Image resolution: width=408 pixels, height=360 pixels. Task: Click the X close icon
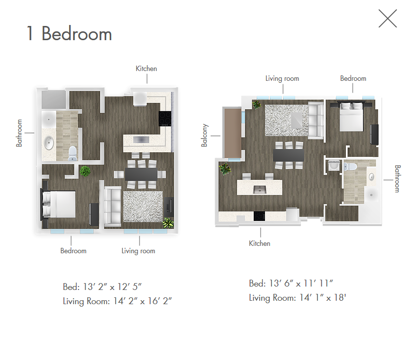(x=387, y=19)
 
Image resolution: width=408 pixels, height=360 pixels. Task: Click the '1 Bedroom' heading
(x=69, y=34)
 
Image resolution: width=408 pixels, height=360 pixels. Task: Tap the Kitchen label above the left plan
(x=146, y=69)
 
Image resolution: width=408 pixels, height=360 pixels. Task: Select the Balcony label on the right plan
(x=204, y=135)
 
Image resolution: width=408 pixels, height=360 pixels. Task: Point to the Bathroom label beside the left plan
(x=19, y=133)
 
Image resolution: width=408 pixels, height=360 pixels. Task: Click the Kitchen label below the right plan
(x=260, y=243)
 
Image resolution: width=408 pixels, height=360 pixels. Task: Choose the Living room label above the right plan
(x=282, y=78)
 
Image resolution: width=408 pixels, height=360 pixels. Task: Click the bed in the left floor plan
(x=59, y=204)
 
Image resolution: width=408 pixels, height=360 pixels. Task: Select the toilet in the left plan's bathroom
(x=72, y=153)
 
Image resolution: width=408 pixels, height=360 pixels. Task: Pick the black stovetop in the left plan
(x=165, y=119)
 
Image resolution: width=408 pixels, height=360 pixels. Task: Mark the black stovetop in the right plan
(x=259, y=216)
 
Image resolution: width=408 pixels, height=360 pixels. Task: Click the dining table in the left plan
(x=141, y=174)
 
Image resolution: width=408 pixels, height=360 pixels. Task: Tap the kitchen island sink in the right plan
(x=260, y=190)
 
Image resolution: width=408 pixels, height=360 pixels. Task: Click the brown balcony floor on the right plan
(x=233, y=133)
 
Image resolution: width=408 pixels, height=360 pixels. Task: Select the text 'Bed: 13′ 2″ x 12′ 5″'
(x=102, y=287)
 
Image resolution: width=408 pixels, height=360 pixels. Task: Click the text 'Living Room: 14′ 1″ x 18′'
(x=297, y=298)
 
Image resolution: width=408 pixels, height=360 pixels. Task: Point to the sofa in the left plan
(x=113, y=206)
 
